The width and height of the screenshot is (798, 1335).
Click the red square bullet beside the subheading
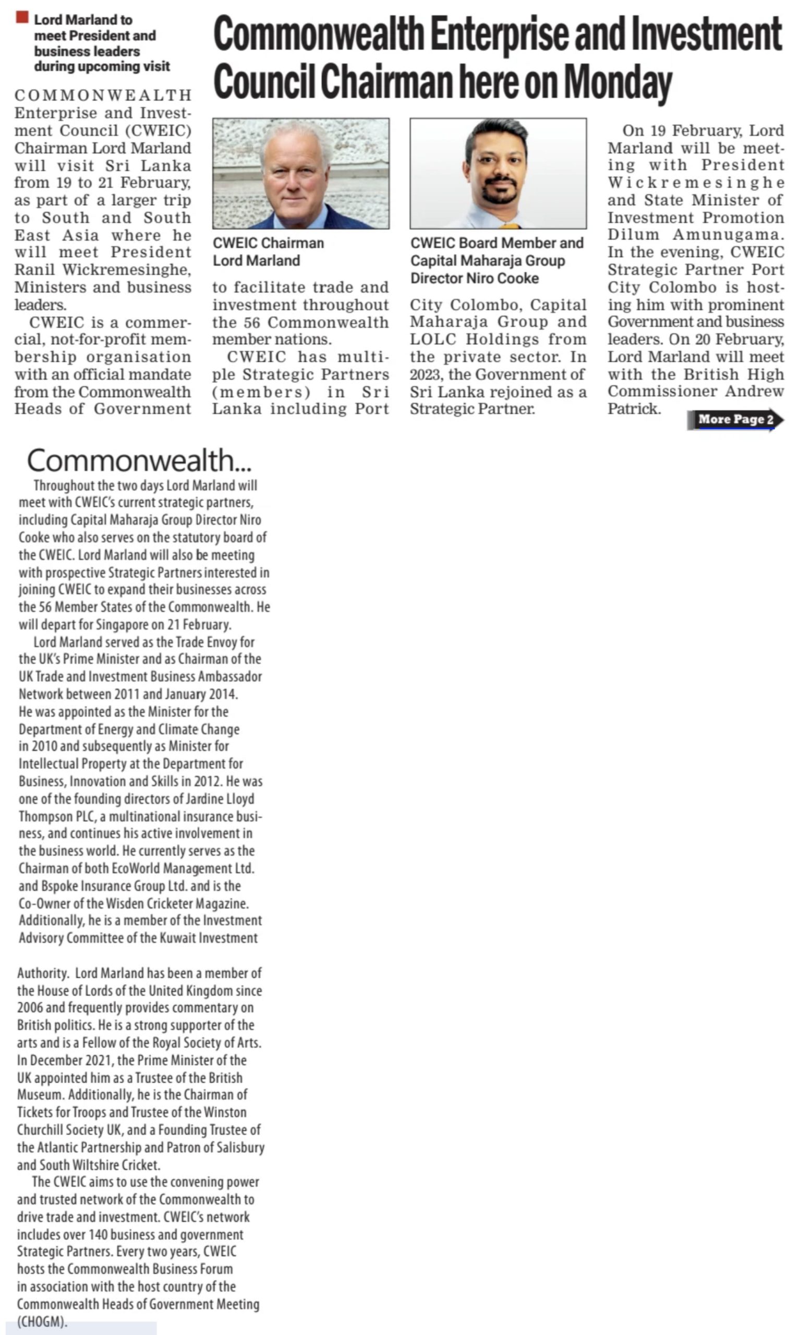point(22,18)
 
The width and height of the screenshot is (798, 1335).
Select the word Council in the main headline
point(263,82)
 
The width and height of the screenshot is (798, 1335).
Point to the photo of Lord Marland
point(300,173)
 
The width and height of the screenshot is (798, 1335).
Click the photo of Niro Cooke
point(498,173)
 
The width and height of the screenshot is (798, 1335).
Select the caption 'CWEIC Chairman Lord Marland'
point(268,252)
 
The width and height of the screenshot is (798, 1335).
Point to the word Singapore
point(122,625)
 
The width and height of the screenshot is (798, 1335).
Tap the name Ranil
point(34,270)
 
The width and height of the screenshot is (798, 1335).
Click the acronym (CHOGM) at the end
point(42,1321)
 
